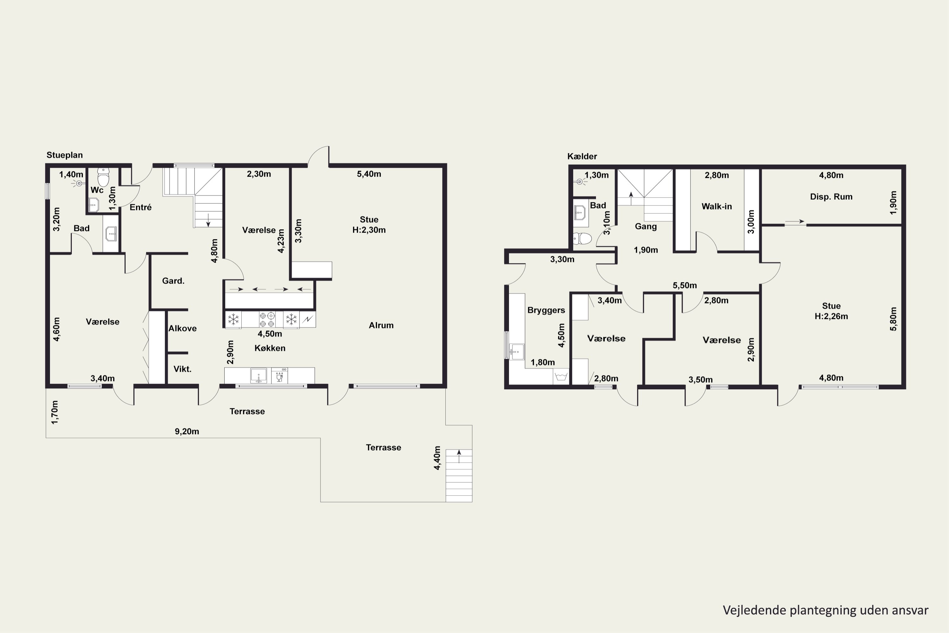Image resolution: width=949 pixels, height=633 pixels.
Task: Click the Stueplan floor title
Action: click(x=65, y=155)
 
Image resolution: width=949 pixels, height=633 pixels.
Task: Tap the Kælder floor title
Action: click(x=582, y=156)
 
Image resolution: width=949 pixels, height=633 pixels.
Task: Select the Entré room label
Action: click(x=140, y=207)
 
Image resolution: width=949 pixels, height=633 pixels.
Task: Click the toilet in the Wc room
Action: click(x=103, y=178)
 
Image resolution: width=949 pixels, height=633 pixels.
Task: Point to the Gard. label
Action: click(x=173, y=280)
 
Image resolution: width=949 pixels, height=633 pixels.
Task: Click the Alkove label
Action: click(x=183, y=328)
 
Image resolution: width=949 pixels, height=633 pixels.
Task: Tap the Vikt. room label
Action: click(x=183, y=369)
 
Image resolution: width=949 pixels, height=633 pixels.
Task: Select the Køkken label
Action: click(x=270, y=348)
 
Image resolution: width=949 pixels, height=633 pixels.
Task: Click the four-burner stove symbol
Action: click(x=267, y=319)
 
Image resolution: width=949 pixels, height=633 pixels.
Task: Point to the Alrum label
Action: click(x=381, y=325)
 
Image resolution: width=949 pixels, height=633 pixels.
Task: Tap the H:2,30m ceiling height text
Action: click(x=369, y=230)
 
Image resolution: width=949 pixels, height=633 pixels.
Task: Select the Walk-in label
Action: click(x=716, y=206)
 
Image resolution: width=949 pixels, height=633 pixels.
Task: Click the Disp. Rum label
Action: click(x=831, y=197)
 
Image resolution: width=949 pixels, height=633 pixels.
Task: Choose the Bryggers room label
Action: click(x=546, y=310)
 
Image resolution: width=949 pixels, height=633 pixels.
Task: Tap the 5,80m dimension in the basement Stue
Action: click(x=893, y=319)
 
